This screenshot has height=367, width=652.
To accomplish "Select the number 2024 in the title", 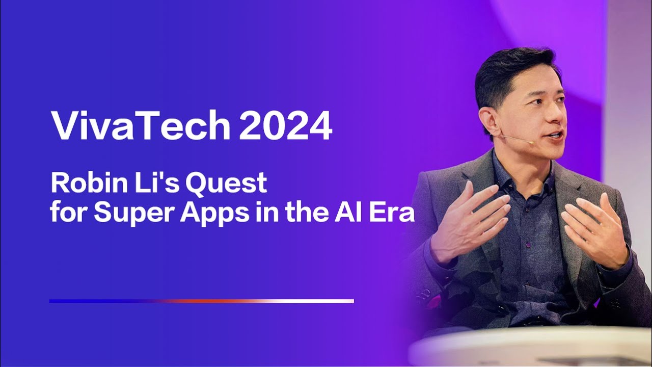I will tap(285, 125).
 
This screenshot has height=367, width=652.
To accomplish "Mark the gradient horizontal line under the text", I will tap(201, 301).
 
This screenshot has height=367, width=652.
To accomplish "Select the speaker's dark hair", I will tap(509, 71).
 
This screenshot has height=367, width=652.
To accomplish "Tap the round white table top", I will tap(530, 347).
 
